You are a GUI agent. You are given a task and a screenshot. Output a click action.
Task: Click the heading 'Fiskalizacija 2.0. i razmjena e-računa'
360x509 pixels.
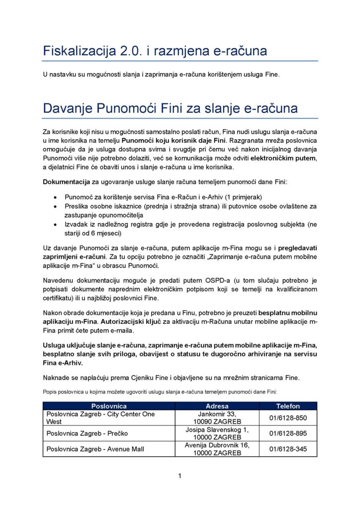coord(155,51)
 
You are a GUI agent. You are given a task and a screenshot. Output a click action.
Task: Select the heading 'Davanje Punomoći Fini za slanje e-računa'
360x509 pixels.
coord(170,108)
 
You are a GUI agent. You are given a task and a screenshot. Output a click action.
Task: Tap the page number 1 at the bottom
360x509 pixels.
coord(180,476)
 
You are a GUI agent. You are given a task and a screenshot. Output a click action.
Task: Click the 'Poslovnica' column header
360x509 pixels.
coord(109,406)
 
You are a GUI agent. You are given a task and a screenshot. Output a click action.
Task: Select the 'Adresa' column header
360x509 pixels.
coord(217,406)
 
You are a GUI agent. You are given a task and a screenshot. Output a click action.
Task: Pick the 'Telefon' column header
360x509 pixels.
coord(288,406)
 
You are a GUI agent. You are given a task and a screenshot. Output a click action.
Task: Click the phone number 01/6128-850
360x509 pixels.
coord(288,418)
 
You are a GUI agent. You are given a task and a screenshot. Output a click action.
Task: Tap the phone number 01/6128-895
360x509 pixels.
coord(288,433)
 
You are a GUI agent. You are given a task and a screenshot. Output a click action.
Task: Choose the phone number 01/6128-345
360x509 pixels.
coord(288,449)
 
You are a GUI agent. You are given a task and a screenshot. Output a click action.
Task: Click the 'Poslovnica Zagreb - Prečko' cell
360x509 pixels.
coord(87,433)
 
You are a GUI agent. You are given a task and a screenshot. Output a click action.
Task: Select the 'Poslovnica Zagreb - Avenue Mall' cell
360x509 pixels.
coord(95,449)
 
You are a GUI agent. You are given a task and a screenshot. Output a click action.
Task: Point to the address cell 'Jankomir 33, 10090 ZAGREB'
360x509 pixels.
coord(217,418)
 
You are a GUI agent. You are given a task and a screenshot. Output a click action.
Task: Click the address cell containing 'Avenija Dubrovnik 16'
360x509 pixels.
coord(217,449)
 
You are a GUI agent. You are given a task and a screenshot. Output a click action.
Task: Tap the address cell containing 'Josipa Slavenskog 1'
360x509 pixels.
coord(217,433)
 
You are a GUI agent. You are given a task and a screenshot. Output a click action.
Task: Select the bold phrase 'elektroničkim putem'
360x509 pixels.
coord(283,159)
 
